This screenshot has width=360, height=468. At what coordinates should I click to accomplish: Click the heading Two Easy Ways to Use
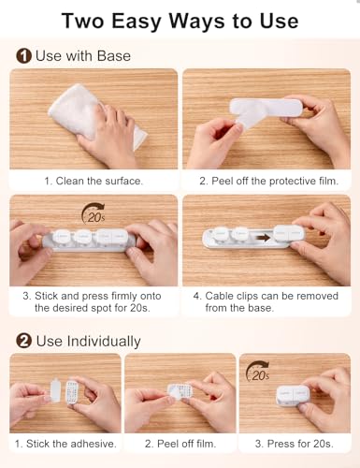click(180, 20)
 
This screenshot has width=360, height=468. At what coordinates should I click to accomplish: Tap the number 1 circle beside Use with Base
click(23, 56)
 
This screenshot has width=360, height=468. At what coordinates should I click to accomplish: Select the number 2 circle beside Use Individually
click(23, 341)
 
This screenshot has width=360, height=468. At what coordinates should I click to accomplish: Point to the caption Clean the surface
click(94, 180)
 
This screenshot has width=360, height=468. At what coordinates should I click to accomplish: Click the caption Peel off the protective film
click(270, 180)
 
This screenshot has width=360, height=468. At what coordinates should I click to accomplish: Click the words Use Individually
click(89, 341)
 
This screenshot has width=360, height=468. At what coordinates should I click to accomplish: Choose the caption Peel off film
click(180, 443)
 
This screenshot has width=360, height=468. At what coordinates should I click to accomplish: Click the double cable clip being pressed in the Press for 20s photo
click(296, 392)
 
